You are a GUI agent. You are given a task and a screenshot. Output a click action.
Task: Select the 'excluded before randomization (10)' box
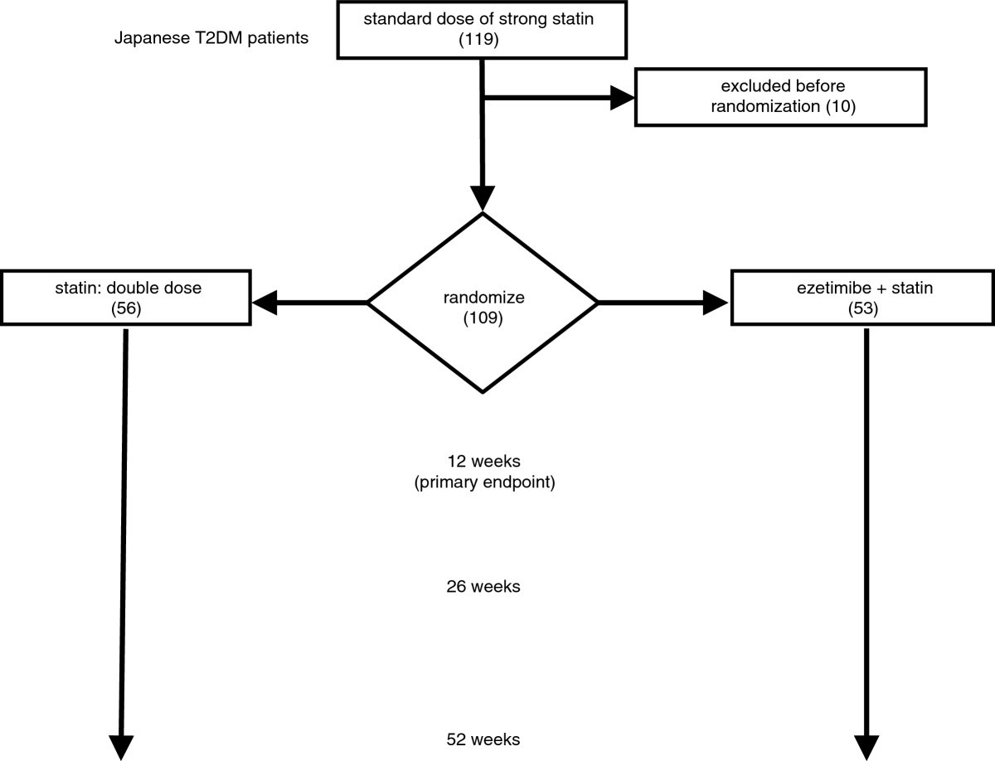[780, 97]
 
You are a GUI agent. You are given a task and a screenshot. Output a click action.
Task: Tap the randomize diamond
[483, 303]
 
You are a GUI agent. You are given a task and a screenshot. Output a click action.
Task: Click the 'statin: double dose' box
[125, 296]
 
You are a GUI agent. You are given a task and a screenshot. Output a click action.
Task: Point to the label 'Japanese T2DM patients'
[211, 39]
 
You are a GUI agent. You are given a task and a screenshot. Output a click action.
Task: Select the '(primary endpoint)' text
[483, 482]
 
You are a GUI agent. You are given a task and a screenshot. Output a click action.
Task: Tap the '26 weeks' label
[483, 586]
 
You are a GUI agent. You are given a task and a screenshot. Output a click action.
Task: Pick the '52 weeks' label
[483, 739]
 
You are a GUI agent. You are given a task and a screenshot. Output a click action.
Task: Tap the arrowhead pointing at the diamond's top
[482, 198]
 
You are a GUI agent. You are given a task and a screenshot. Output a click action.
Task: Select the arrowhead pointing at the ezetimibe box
[716, 303]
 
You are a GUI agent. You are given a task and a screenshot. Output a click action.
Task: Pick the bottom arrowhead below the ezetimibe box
[866, 745]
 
